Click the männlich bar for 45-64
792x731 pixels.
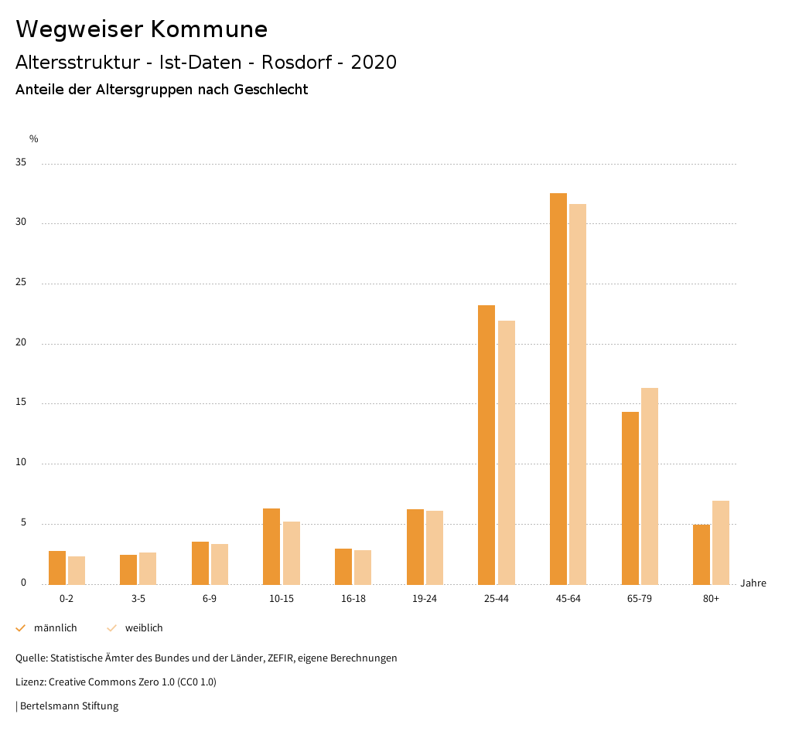click(x=558, y=389)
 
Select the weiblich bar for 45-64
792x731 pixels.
click(x=578, y=394)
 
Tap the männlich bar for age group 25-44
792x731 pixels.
click(x=486, y=444)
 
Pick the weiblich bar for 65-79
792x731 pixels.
click(x=650, y=486)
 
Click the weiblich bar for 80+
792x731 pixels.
click(x=721, y=542)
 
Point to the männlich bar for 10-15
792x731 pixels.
click(x=271, y=546)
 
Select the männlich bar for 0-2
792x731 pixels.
click(x=57, y=567)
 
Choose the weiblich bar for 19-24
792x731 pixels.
click(x=435, y=547)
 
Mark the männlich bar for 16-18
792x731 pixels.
click(x=343, y=566)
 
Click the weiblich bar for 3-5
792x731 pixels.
click(x=148, y=568)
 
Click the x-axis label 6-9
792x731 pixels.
click(x=210, y=599)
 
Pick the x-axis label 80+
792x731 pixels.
click(x=712, y=599)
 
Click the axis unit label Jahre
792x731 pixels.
click(x=753, y=583)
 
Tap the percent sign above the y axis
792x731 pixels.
click(x=34, y=139)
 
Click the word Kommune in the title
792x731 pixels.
click(x=209, y=29)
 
